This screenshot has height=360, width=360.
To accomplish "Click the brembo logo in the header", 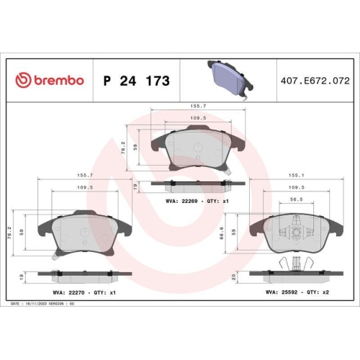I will click(x=50, y=81).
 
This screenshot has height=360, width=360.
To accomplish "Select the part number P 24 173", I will click(x=137, y=81).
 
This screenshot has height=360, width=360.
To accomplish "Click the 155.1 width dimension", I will click(x=294, y=174).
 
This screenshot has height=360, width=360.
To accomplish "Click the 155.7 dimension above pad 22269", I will click(x=196, y=104).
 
